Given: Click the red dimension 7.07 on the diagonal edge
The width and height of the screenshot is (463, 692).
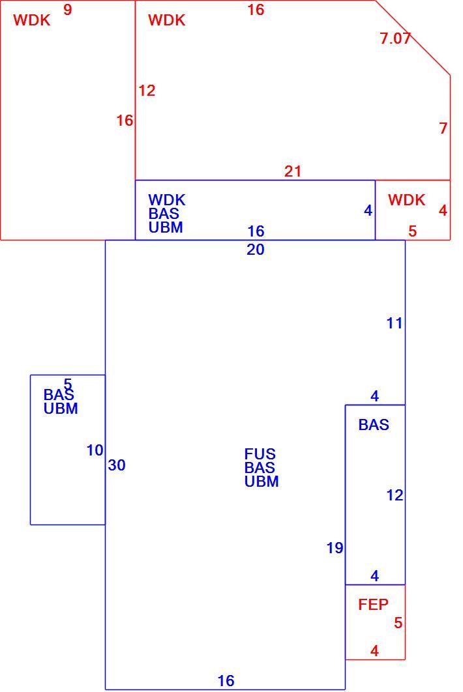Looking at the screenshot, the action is coord(395,38).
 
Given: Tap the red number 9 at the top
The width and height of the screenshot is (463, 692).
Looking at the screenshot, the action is coord(67,10).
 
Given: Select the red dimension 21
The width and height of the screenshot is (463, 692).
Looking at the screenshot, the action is coord(293,171).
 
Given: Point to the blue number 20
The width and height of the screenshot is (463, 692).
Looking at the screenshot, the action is coord(256,250).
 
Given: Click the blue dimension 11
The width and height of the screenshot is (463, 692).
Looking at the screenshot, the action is coord(395,323).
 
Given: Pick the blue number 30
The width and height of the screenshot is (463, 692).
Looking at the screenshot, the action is coord(117,465).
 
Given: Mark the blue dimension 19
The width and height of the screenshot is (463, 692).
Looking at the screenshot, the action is coord(335,548).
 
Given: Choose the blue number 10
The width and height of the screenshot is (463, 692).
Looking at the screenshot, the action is coord(95,451).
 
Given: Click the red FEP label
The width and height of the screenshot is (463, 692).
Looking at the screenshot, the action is coord(373,605).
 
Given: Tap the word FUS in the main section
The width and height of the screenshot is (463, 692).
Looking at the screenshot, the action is coord(260,454).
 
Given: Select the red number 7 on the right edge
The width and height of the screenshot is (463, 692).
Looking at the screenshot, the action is coord(443,128).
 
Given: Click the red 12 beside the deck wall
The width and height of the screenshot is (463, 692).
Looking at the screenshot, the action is coord(147,91).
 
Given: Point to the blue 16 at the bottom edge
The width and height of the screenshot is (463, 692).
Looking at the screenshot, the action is coord(226,680).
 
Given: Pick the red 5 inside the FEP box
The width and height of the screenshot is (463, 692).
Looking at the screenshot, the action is coord(398,623).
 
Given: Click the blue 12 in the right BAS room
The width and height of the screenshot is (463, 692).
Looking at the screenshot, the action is coord(395,496).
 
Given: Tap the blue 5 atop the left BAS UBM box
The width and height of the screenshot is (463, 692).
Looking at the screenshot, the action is coord(68,384).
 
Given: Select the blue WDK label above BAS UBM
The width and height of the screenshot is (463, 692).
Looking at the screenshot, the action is coord(166,200).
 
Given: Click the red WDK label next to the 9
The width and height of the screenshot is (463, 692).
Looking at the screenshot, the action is coord(32,20).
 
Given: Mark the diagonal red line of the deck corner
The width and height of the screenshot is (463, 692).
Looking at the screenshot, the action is coord(413,38).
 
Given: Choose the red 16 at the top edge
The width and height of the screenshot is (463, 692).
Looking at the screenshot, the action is coord(256,10).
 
